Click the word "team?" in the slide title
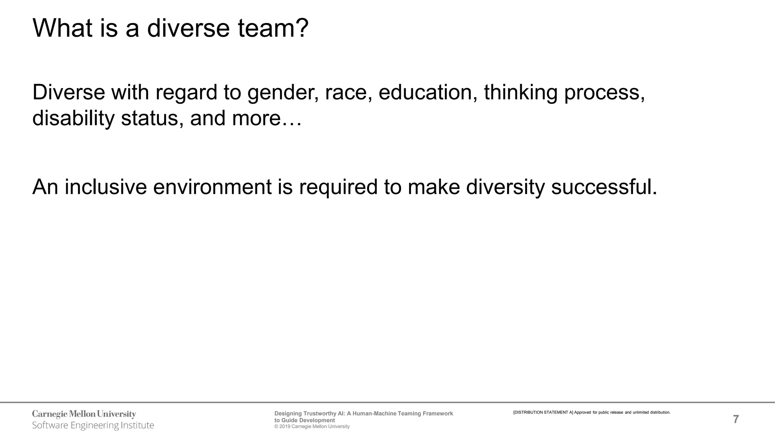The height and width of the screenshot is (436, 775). click(273, 28)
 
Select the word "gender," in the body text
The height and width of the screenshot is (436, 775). click(283, 93)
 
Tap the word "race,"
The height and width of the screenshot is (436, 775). click(349, 93)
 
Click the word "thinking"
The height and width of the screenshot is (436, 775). click(520, 93)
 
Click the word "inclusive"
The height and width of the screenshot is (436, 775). click(106, 187)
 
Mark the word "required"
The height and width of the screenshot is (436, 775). click(338, 188)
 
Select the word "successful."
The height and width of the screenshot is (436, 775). click(604, 187)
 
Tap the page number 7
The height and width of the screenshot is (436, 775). click(736, 419)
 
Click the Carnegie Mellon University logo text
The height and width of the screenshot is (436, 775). click(84, 414)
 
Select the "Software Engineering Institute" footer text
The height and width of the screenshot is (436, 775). click(93, 425)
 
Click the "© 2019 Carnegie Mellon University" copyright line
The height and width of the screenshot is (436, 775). click(312, 427)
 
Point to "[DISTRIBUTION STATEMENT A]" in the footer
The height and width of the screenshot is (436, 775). click(543, 413)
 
